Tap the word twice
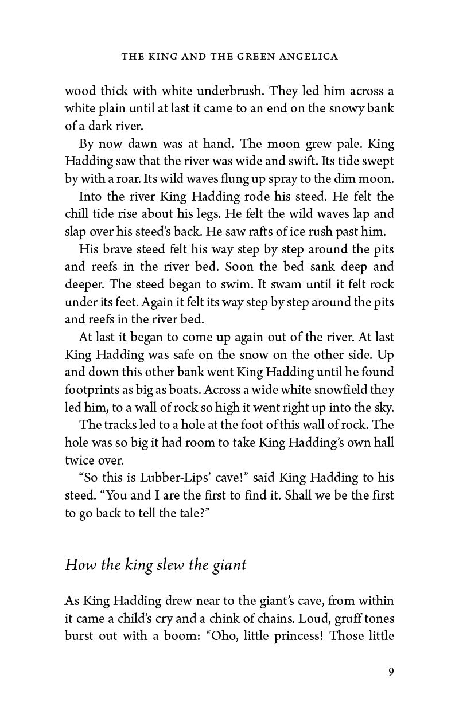(79, 461)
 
